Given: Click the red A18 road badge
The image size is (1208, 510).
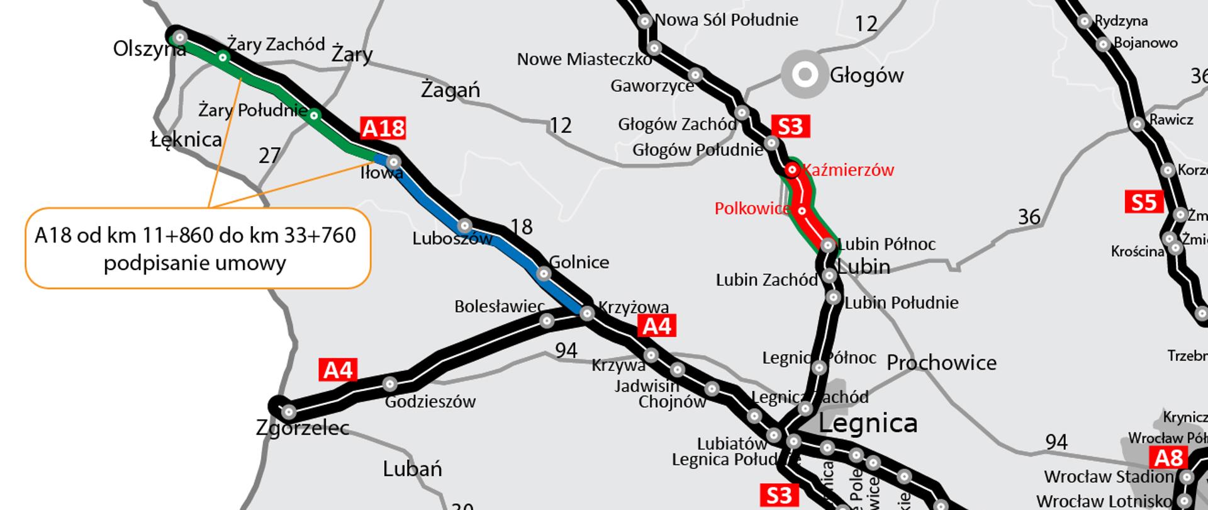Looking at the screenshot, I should [383, 128].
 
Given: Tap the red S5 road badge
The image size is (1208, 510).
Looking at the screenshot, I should [1143, 202].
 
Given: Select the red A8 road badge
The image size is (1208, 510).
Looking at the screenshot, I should [1168, 458].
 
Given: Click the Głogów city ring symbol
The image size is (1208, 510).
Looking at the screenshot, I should [804, 75].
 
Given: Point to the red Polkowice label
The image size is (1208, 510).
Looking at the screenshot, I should [752, 208].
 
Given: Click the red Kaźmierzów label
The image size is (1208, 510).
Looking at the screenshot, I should [848, 170].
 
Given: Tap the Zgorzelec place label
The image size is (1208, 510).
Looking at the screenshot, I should [303, 429].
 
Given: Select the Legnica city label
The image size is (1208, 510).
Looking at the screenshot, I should [868, 423].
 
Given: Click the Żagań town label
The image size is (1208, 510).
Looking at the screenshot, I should [450, 91].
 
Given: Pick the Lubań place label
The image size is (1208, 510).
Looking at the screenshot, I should [412, 469].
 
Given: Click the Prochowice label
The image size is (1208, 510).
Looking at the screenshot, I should [941, 363].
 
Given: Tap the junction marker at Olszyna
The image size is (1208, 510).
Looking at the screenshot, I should [180, 38].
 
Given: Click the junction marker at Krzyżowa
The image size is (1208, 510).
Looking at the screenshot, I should [587, 313].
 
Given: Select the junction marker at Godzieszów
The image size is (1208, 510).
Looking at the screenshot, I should [390, 383].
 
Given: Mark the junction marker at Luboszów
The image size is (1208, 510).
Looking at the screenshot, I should [464, 225].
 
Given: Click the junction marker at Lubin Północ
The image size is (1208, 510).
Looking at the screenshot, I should [829, 245].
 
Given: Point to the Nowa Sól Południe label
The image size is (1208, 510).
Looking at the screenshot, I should [727, 20].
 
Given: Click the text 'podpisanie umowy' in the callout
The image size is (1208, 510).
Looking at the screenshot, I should [194, 263].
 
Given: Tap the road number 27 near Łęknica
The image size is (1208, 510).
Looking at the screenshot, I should [269, 156].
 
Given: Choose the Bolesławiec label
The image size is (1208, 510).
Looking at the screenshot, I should [500, 307].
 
